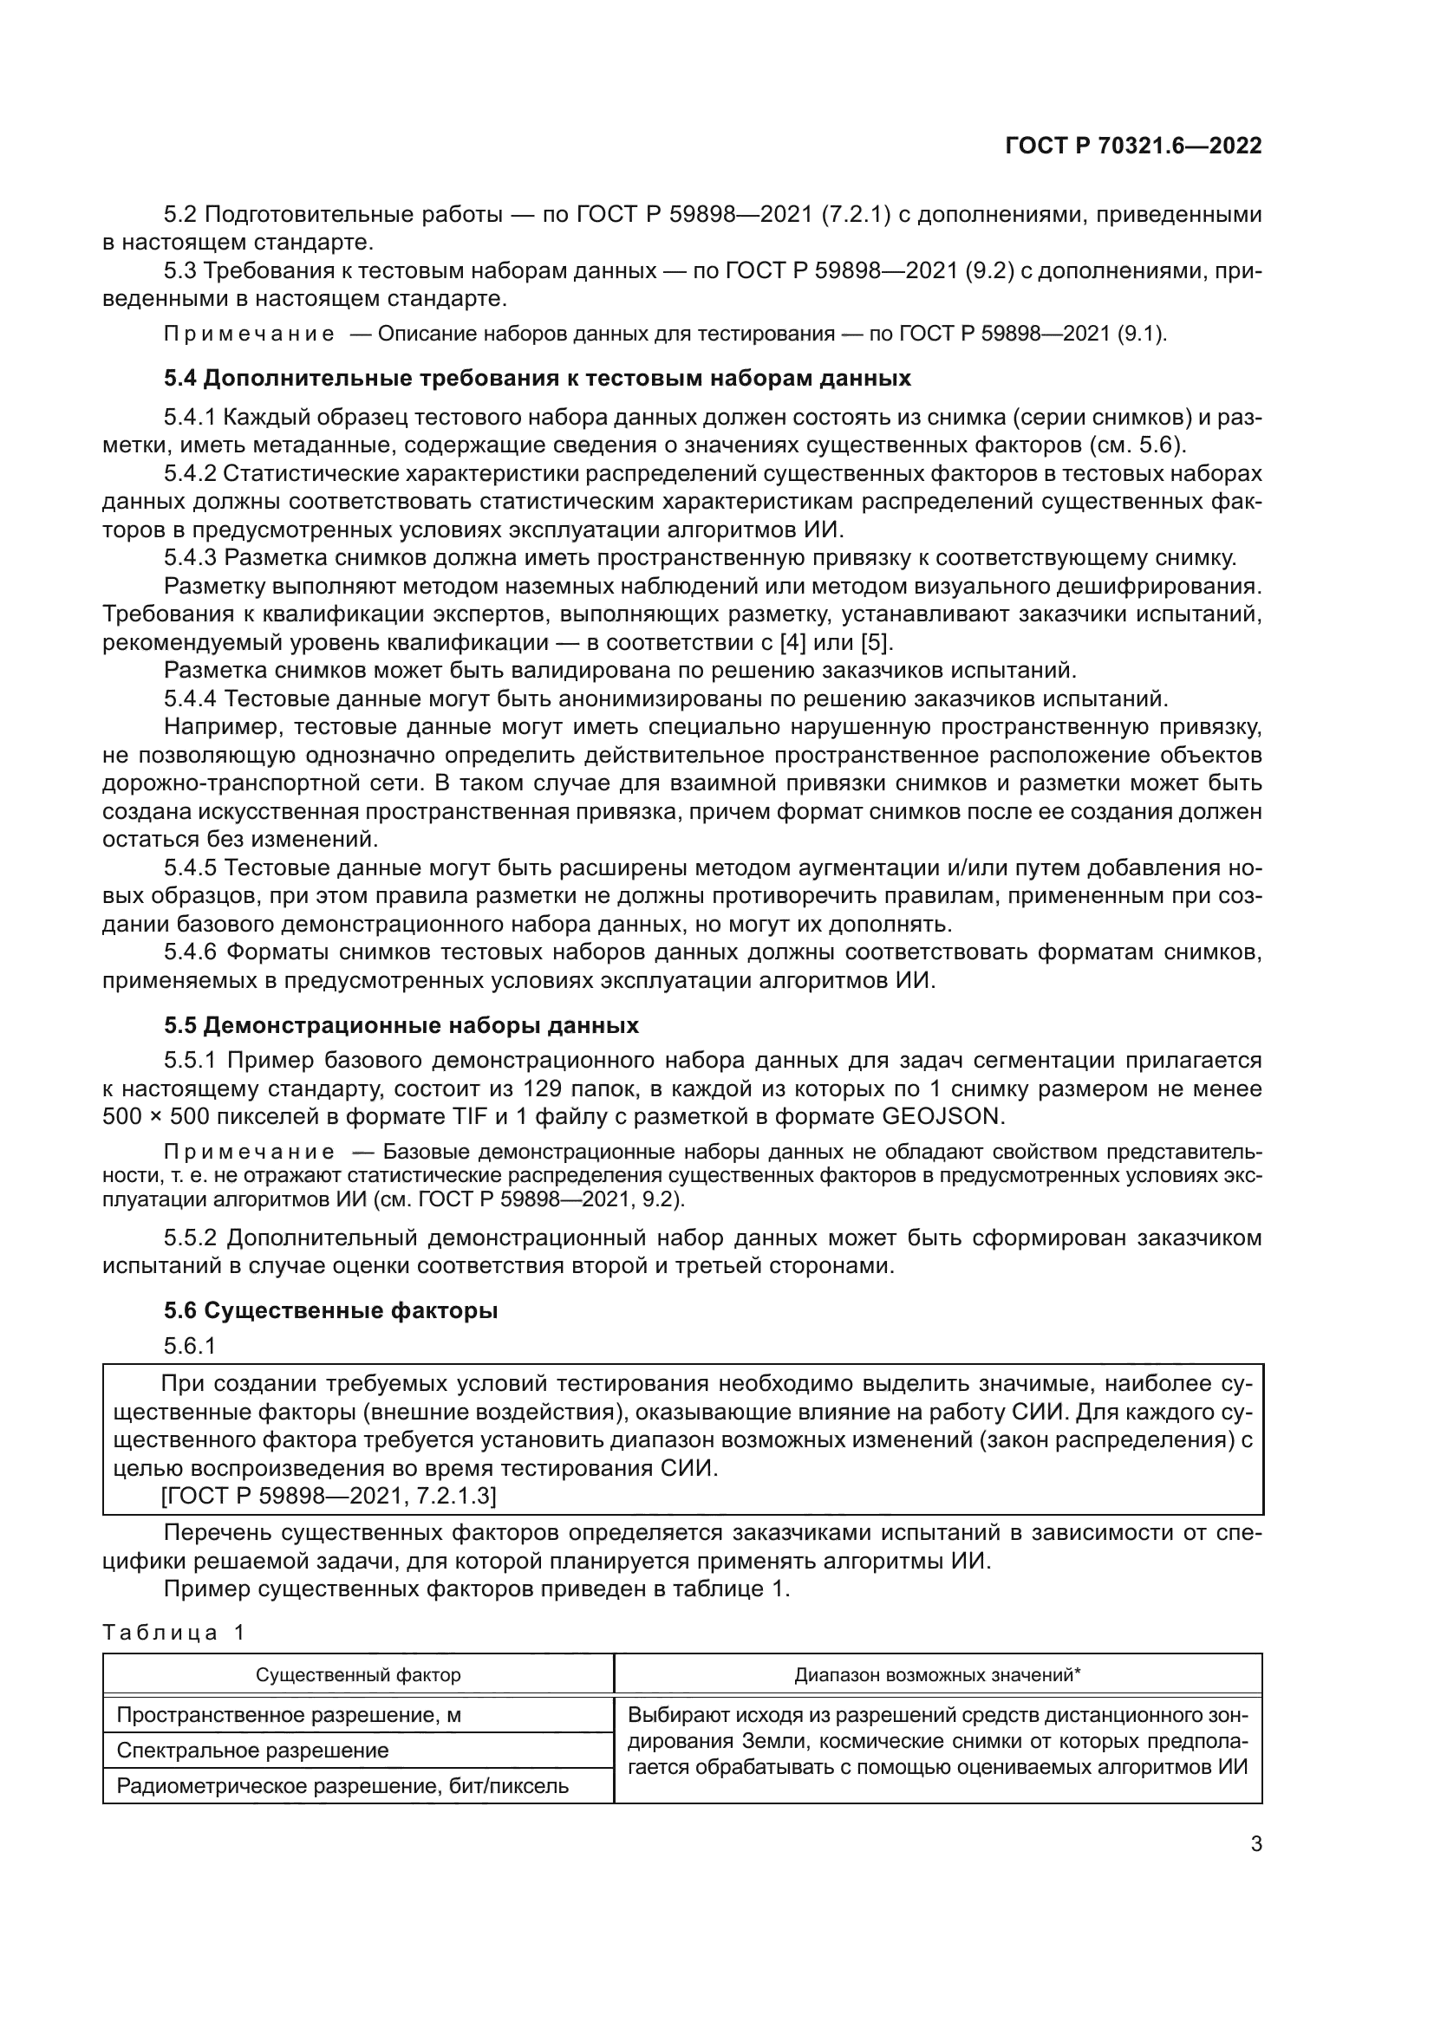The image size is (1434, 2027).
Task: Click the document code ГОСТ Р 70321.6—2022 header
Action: pyautogui.click(x=1133, y=146)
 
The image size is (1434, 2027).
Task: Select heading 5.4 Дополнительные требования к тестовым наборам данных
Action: pyautogui.click(x=537, y=379)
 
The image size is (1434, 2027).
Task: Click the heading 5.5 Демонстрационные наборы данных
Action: pyautogui.click(x=401, y=1026)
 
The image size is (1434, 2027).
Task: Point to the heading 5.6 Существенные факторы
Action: pyautogui.click(x=330, y=1311)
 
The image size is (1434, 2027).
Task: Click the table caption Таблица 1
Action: pyautogui.click(x=173, y=1632)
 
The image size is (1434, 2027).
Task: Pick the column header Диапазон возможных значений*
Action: pyautogui.click(x=937, y=1675)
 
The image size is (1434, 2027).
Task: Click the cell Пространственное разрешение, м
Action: pyautogui.click(x=289, y=1715)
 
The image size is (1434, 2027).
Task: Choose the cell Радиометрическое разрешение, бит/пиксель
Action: pyautogui.click(x=342, y=1787)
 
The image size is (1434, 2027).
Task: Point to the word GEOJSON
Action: pyautogui.click(x=943, y=1117)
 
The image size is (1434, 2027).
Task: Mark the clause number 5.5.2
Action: pyautogui.click(x=191, y=1238)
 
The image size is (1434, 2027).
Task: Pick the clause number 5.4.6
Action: pyautogui.click(x=191, y=952)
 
